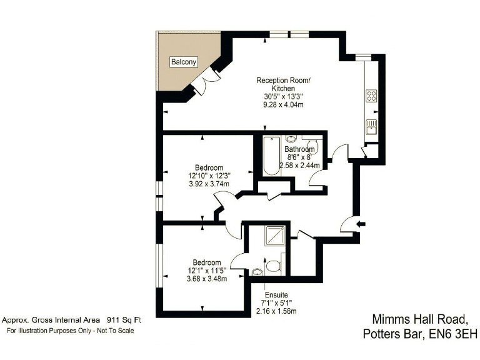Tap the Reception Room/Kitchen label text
[282, 84]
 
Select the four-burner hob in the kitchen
[371, 96]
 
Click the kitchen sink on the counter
[370, 126]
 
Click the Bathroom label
[299, 149]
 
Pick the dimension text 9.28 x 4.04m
[282, 105]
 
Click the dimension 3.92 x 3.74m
[209, 184]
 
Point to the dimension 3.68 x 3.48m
[206, 279]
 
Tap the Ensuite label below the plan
[276, 294]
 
